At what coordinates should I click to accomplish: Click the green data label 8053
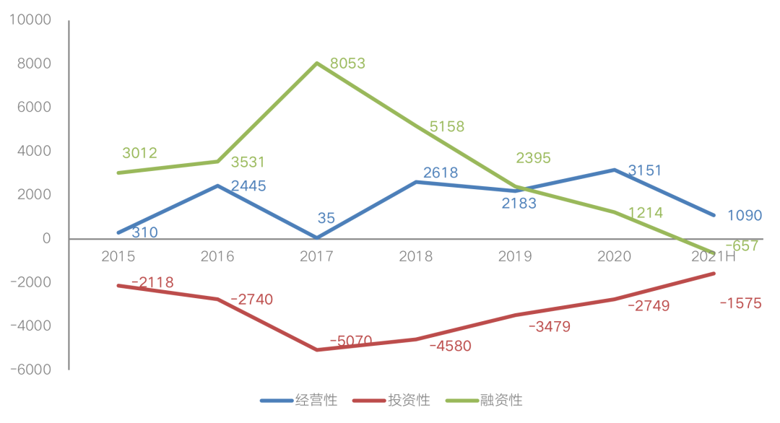coord(347,64)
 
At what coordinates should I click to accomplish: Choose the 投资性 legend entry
coord(409,400)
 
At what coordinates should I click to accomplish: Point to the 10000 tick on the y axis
coord(30,20)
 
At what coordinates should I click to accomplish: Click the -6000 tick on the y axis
coord(30,369)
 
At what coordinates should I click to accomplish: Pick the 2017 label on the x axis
coord(316,257)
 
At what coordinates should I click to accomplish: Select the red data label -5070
coord(351,340)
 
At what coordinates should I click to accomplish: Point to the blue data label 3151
coord(645,171)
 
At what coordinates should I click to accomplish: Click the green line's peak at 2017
coord(317,64)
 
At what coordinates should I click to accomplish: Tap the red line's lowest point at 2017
coord(317,349)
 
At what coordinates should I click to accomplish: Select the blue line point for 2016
coord(217,186)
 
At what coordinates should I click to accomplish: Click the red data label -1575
coord(740,303)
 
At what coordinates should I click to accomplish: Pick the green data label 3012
coord(139,153)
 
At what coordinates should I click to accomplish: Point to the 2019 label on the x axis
coord(516,257)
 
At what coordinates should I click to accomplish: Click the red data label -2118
coord(152,282)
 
